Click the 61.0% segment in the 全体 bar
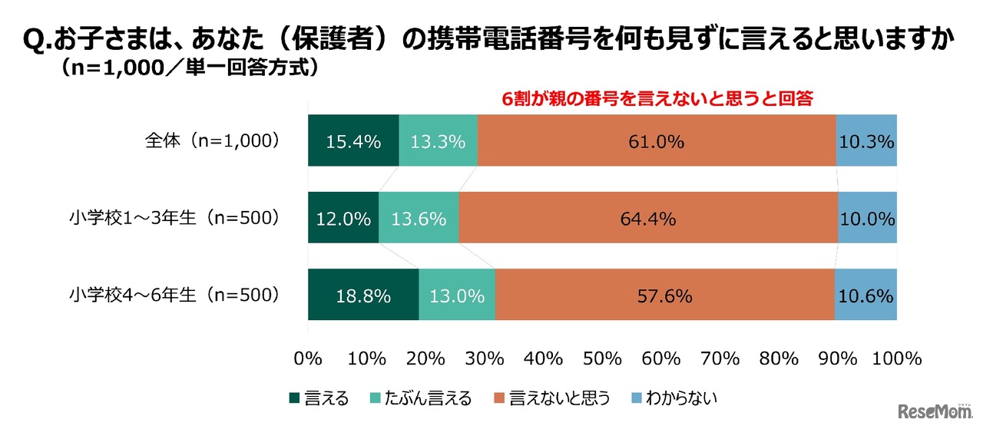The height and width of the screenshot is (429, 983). coord(657,141)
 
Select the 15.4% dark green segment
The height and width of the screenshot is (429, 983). coord(353,141)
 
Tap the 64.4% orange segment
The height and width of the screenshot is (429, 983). coord(647,218)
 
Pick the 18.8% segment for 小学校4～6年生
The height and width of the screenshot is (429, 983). coord(363,295)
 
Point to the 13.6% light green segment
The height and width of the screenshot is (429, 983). coord(419,218)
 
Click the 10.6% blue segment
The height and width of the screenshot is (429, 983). coord(866,295)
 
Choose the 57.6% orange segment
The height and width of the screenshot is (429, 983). coord(664,295)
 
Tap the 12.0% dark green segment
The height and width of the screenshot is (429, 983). coord(343,218)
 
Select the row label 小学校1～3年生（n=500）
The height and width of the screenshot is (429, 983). coord(173,218)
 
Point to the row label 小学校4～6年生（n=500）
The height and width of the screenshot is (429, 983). coord(173,295)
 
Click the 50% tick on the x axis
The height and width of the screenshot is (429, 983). coord(603,358)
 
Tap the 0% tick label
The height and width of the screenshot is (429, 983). coord(308,358)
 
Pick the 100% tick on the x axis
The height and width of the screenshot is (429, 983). coord(895,358)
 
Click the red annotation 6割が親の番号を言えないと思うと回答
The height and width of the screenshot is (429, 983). coord(657,99)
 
